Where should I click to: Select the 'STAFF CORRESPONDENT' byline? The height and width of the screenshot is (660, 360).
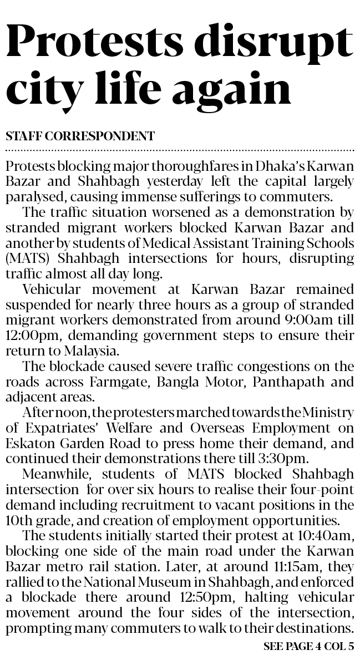tap(79, 135)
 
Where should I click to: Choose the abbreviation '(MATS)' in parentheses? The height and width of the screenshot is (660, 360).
tap(22, 259)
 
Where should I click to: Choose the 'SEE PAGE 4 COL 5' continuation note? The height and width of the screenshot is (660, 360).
tap(308, 647)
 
